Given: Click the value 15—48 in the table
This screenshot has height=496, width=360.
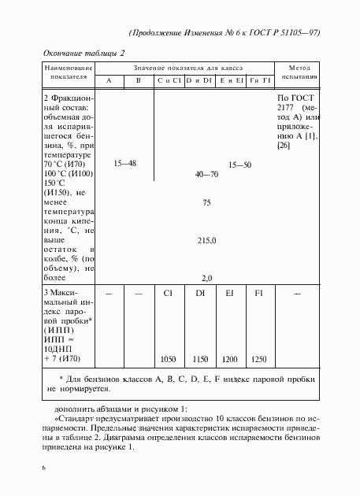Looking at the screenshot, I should click(125, 163).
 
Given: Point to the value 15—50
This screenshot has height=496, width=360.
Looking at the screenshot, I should click(239, 165).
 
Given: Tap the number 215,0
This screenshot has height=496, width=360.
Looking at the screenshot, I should click(206, 240).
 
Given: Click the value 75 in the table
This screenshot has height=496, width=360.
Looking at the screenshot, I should click(206, 203).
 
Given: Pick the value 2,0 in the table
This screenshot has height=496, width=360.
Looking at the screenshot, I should click(207, 278).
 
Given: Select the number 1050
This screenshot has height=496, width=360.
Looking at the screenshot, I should click(168, 359).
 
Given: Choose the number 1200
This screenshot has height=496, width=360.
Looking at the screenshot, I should click(229, 359).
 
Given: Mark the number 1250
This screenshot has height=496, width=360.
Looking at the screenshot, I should click(258, 359).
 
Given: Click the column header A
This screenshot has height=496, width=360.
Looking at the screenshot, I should click(109, 81).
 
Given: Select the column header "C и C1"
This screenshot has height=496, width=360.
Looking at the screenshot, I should click(169, 81).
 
